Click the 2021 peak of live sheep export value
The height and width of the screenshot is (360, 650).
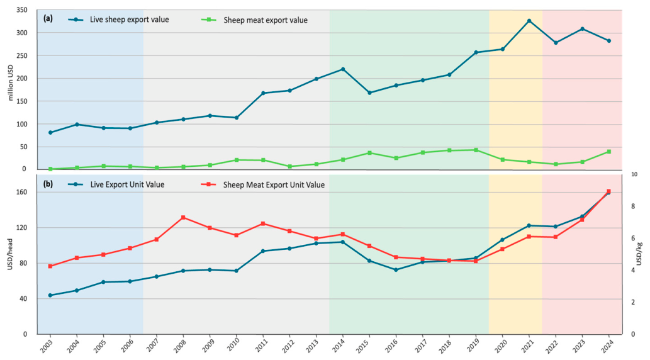(x=529, y=20)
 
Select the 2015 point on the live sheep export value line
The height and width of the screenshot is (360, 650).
(x=369, y=93)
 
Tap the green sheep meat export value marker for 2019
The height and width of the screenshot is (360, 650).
(x=476, y=150)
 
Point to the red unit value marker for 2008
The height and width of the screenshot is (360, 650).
(x=183, y=217)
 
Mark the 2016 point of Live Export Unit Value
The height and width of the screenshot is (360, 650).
(x=396, y=269)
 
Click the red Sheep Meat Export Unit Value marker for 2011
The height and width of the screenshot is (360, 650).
(x=263, y=223)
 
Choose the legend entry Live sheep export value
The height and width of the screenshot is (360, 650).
(x=118, y=20)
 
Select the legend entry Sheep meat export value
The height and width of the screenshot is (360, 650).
(x=254, y=20)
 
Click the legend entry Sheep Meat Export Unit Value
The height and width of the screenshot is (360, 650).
(x=262, y=184)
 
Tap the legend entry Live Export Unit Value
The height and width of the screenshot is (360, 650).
(x=116, y=184)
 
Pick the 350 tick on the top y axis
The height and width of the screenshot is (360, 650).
(x=22, y=10)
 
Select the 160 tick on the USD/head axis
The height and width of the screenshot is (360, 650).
(x=22, y=192)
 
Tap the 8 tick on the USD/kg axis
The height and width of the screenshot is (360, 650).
(x=633, y=206)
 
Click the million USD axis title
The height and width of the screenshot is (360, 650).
(x=11, y=82)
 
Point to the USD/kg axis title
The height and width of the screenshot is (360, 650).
(x=639, y=254)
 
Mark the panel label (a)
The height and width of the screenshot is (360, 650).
(x=48, y=18)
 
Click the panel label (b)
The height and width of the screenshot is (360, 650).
(x=48, y=184)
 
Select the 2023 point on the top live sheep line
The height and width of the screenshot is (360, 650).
(x=582, y=28)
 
